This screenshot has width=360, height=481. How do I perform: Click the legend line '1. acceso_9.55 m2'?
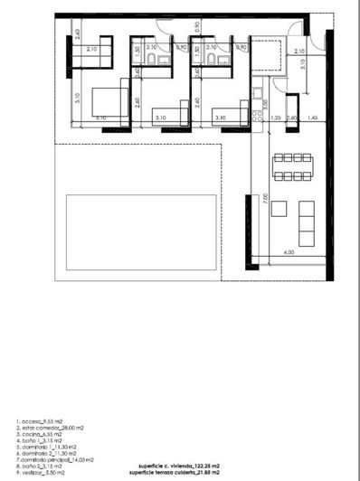click(x=36, y=421)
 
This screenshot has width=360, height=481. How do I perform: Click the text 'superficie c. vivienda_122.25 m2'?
click(x=176, y=466)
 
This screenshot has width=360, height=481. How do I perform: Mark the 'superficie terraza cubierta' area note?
click(x=176, y=473)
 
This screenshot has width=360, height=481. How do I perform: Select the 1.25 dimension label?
click(x=273, y=118)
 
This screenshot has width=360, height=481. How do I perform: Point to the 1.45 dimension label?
click(x=311, y=118)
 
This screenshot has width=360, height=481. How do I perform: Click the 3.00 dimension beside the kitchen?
click(x=265, y=102)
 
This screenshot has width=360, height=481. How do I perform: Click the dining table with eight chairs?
click(x=292, y=165)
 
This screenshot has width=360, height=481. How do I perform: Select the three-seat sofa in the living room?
click(x=307, y=223)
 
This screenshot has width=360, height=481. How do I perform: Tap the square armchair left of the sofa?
click(x=279, y=209)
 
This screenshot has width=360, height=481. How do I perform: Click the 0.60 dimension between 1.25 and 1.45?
click(x=291, y=118)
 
